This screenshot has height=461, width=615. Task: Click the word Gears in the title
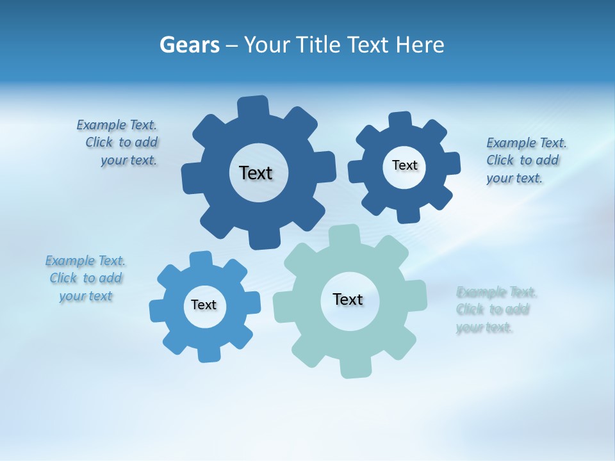[189, 45]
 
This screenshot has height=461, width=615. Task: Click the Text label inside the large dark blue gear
[256, 173]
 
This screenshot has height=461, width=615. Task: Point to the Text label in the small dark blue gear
[404, 165]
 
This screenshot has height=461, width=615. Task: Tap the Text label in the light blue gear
[204, 305]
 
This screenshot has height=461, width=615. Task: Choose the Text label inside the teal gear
[348, 299]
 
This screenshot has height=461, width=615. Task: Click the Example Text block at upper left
[117, 143]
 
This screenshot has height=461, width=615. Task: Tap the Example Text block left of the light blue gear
[86, 279]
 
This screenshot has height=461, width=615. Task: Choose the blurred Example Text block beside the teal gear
[494, 310]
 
